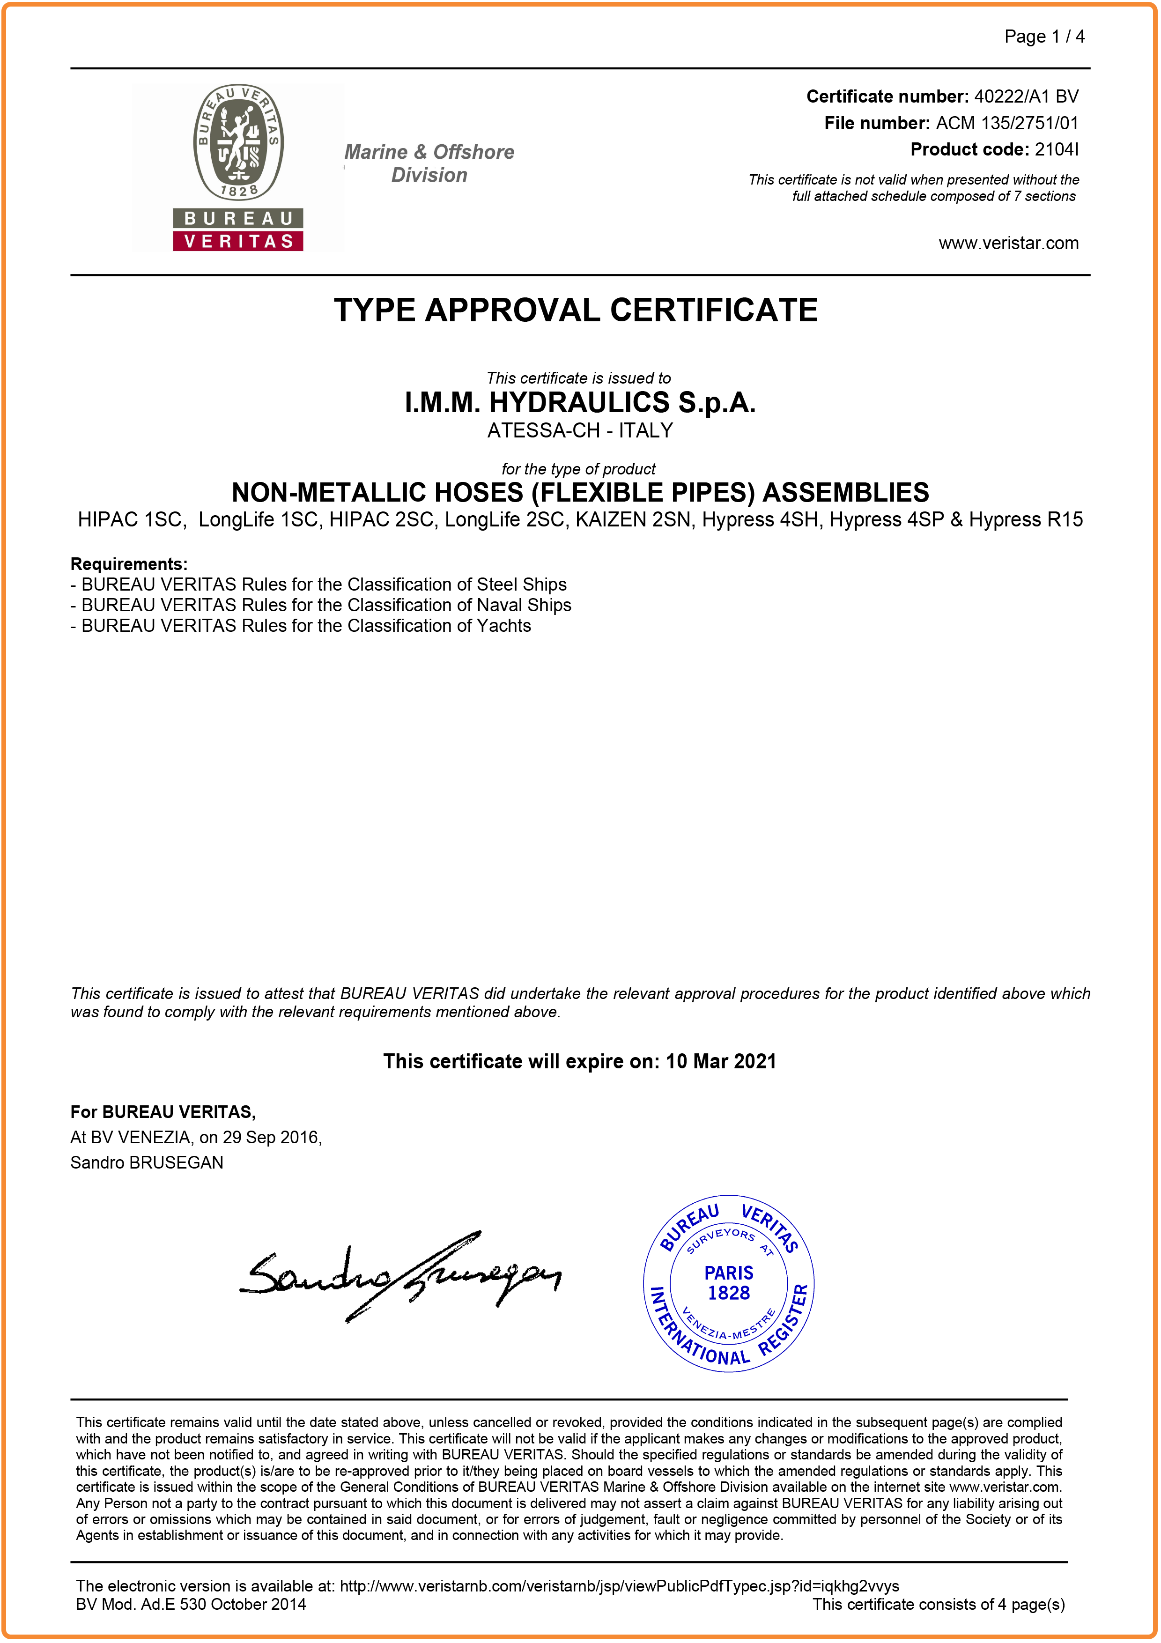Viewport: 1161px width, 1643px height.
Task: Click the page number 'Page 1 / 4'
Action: click(1044, 37)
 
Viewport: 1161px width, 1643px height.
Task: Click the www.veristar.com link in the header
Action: click(1008, 243)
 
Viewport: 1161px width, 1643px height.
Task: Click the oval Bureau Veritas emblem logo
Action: click(238, 142)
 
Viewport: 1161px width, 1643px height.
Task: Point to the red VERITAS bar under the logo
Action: click(238, 241)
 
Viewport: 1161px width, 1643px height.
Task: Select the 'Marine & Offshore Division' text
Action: click(429, 163)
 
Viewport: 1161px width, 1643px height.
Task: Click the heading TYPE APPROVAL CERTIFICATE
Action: click(576, 311)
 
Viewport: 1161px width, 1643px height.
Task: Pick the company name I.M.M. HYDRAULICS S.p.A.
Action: click(580, 403)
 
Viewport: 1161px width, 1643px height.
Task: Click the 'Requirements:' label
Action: click(129, 564)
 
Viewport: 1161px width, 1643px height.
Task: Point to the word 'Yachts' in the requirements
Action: click(503, 626)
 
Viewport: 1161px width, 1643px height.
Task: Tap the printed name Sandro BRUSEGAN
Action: click(147, 1163)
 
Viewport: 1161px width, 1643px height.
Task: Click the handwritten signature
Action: click(400, 1277)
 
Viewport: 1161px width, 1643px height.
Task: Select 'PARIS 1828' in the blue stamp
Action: click(728, 1283)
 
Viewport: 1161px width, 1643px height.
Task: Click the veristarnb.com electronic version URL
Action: click(619, 1586)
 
